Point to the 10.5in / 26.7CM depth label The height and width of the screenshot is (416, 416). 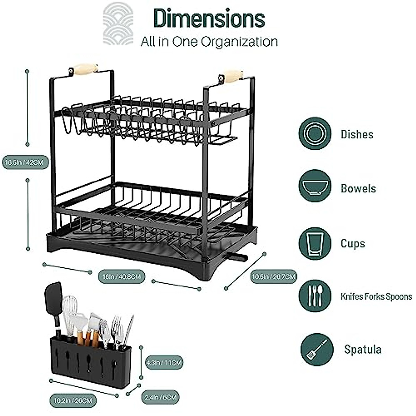click(274, 276)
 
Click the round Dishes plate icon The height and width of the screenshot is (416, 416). click(315, 134)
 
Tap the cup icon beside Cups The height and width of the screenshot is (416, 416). click(315, 243)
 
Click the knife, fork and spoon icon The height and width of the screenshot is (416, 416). click(315, 296)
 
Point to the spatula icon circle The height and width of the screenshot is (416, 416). click(317, 349)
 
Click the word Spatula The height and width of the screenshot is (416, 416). click(363, 349)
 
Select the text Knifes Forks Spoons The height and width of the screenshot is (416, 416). click(376, 297)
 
